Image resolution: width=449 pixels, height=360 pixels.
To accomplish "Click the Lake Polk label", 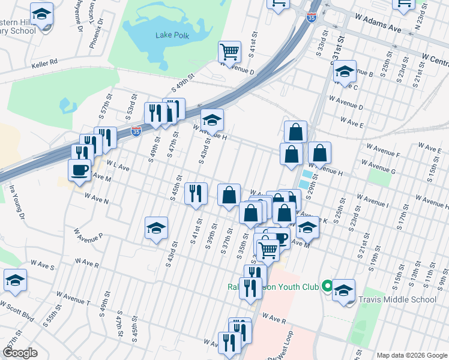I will click(172, 35).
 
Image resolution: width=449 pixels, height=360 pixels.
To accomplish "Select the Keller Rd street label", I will click(45, 61).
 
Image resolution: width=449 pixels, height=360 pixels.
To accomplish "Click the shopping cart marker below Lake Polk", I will click(229, 52).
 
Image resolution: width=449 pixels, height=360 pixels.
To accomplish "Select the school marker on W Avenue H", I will click(211, 120).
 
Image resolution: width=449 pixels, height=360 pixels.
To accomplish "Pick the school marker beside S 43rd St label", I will click(156, 229).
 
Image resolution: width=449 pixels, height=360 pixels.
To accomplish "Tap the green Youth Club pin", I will click(327, 286).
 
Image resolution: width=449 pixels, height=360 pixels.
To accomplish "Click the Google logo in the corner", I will click(20, 353).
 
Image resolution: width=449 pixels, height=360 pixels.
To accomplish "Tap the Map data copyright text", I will click(411, 355).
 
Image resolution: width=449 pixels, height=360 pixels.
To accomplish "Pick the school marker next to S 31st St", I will click(345, 72).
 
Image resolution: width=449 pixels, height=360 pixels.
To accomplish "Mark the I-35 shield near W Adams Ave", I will click(311, 18).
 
